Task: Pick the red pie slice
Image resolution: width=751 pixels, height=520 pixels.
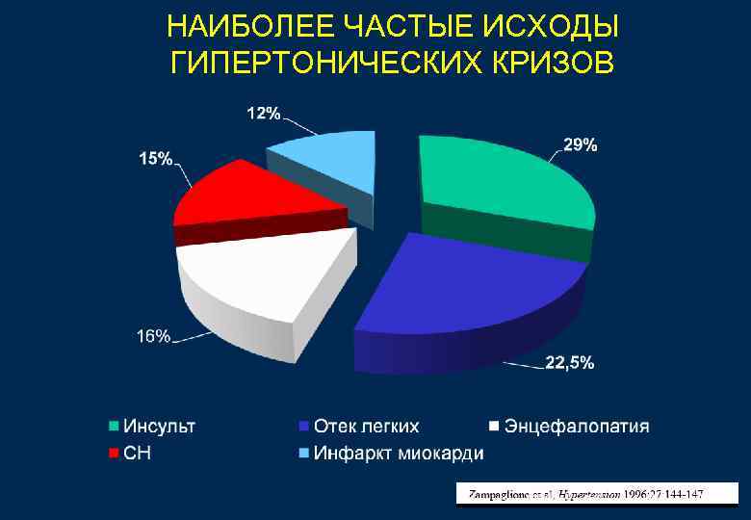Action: click(250, 193)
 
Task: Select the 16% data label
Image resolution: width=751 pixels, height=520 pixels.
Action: click(152, 336)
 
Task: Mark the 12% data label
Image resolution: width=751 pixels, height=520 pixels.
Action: click(264, 114)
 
